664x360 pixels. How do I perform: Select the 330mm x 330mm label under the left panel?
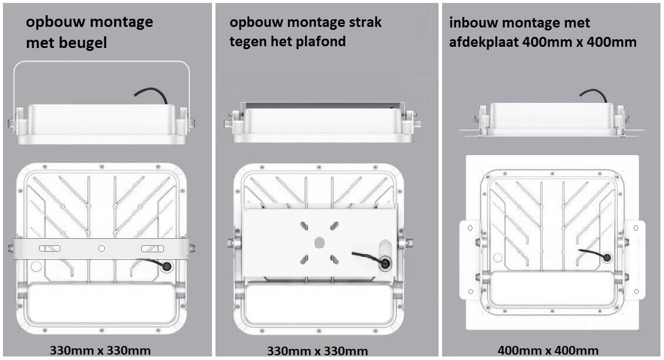click(x=100, y=351)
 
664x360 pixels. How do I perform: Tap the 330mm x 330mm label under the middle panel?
click(x=317, y=351)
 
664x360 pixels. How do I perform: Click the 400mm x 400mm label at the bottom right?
click(x=547, y=351)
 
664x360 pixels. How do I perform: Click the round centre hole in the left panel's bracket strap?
click(x=101, y=249)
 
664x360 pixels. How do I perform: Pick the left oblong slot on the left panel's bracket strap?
click(x=50, y=249)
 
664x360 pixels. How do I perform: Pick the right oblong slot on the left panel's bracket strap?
click(x=152, y=249)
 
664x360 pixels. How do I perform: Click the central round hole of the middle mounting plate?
click(x=319, y=242)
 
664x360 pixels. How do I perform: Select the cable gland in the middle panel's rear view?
click(x=385, y=263)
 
